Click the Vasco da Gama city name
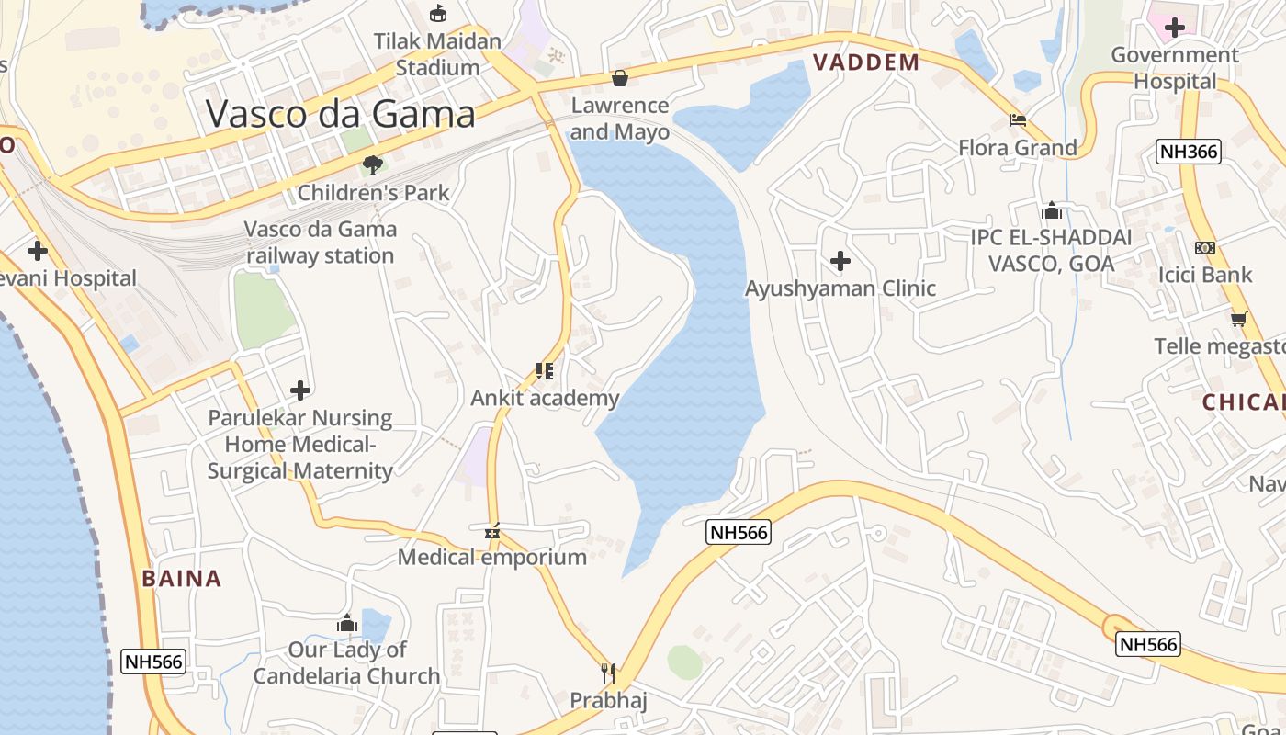pyautogui.click(x=341, y=114)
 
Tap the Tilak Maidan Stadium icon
pyautogui.click(x=438, y=14)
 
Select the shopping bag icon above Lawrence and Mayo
pyautogui.click(x=620, y=78)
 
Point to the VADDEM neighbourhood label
pyautogui.click(x=866, y=62)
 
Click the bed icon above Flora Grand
pyautogui.click(x=1018, y=120)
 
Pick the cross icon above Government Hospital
pyautogui.click(x=1174, y=28)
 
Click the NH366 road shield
pyautogui.click(x=1189, y=152)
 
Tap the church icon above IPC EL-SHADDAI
pyautogui.click(x=1052, y=210)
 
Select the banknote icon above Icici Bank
pyautogui.click(x=1205, y=248)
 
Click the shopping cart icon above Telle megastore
pyautogui.click(x=1238, y=319)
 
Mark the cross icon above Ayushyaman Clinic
pyautogui.click(x=840, y=262)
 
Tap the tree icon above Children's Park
pyautogui.click(x=373, y=165)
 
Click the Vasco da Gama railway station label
pyautogui.click(x=320, y=243)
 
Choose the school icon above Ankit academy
pyautogui.click(x=545, y=371)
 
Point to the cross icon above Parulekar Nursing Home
pyautogui.click(x=300, y=390)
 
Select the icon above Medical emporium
pyautogui.click(x=492, y=531)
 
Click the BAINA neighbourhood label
pyautogui.click(x=182, y=579)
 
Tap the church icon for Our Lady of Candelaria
pyautogui.click(x=347, y=624)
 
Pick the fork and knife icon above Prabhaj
pyautogui.click(x=607, y=673)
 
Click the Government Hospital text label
pyautogui.click(x=1175, y=68)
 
